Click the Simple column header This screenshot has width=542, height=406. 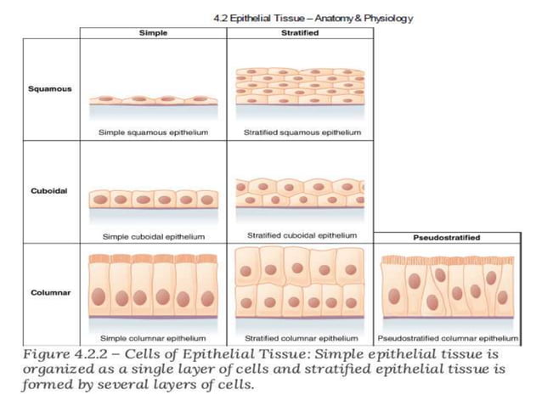tap(153, 33)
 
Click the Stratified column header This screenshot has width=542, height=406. tap(299, 33)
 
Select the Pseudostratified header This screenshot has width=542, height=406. tap(446, 238)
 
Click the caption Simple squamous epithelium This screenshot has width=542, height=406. tap(153, 133)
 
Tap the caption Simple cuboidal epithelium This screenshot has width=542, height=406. tap(153, 235)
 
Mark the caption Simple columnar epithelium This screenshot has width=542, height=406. tap(153, 337)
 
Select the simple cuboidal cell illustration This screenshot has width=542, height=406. tap(153, 200)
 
